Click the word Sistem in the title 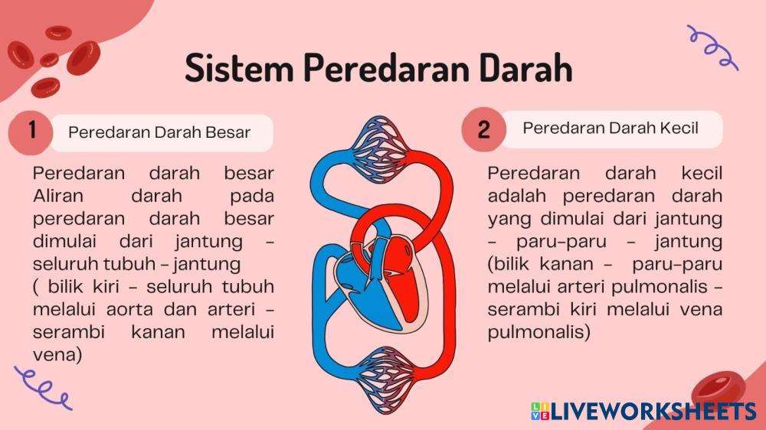point(239,68)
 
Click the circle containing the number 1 point(31,131)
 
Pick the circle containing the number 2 point(483,129)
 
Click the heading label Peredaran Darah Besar point(159,132)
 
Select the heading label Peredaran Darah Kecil point(611,128)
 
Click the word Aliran point(58,196)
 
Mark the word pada point(252,197)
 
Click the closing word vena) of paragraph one point(57,355)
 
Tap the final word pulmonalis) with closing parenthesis point(539,332)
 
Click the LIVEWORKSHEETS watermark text point(653,412)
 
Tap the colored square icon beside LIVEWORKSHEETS point(540,411)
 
